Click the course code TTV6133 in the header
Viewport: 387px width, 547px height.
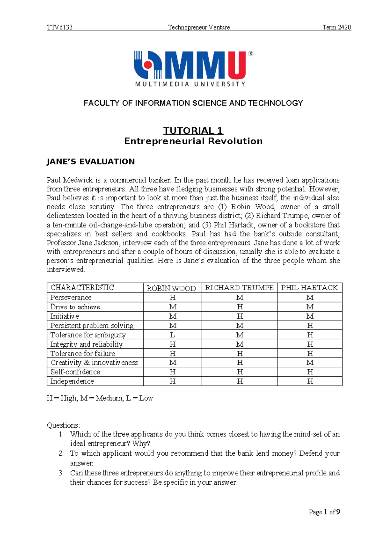click(60, 27)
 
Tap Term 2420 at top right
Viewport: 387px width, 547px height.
click(337, 27)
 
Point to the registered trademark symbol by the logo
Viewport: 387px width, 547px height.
click(251, 54)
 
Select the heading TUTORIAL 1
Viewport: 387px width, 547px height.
click(193, 131)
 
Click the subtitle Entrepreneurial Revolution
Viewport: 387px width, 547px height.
click(193, 141)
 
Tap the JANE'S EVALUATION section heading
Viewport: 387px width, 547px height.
click(91, 162)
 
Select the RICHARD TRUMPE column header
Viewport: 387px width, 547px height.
click(239, 288)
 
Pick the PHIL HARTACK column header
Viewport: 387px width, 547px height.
click(309, 288)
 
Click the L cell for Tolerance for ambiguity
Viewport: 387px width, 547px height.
click(173, 335)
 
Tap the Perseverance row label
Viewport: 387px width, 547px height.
click(71, 297)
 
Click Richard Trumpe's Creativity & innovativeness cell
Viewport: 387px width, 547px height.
click(240, 363)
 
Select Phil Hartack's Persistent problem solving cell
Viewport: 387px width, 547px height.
click(310, 325)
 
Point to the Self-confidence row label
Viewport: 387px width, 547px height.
click(75, 372)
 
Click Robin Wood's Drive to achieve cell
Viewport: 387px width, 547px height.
click(173, 307)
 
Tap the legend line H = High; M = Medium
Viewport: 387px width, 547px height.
click(100, 398)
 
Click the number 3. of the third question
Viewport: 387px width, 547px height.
click(61, 473)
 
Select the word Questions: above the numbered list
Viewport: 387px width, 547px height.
click(63, 425)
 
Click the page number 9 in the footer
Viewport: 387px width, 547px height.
click(338, 512)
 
